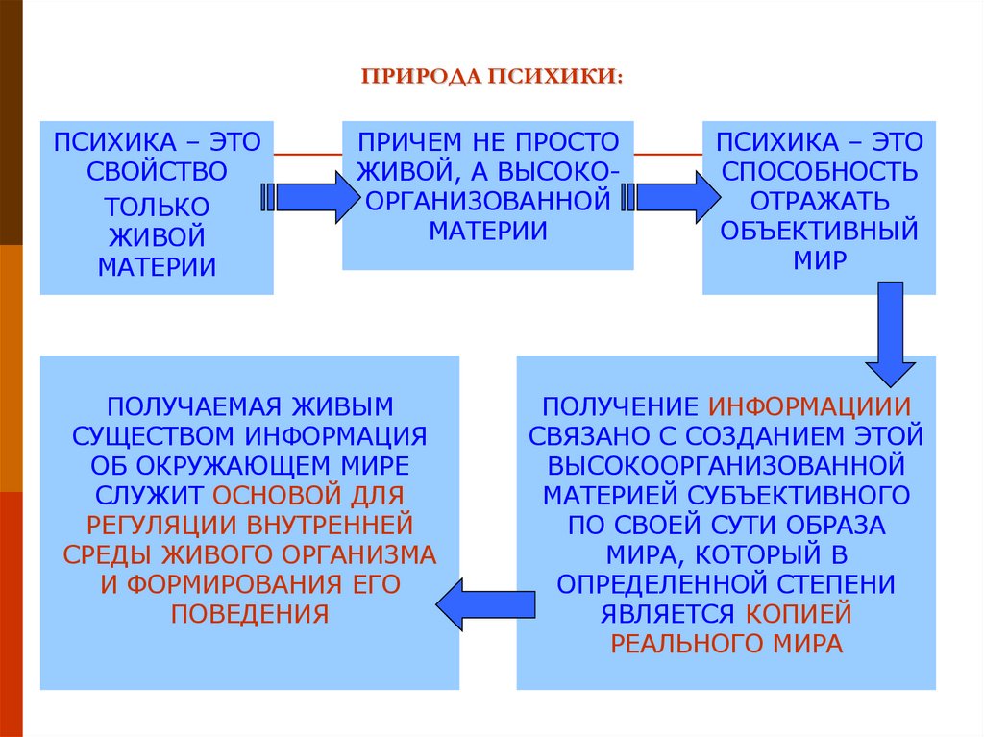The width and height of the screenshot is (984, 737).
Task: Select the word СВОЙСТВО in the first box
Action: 157,173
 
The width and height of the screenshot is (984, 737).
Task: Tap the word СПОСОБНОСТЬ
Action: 819,172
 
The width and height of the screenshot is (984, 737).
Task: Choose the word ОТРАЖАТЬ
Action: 819,202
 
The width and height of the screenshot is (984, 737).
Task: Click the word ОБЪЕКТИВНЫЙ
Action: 819,232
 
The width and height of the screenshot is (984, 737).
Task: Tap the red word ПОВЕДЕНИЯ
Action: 250,614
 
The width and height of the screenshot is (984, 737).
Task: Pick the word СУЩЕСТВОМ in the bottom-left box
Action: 155,435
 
